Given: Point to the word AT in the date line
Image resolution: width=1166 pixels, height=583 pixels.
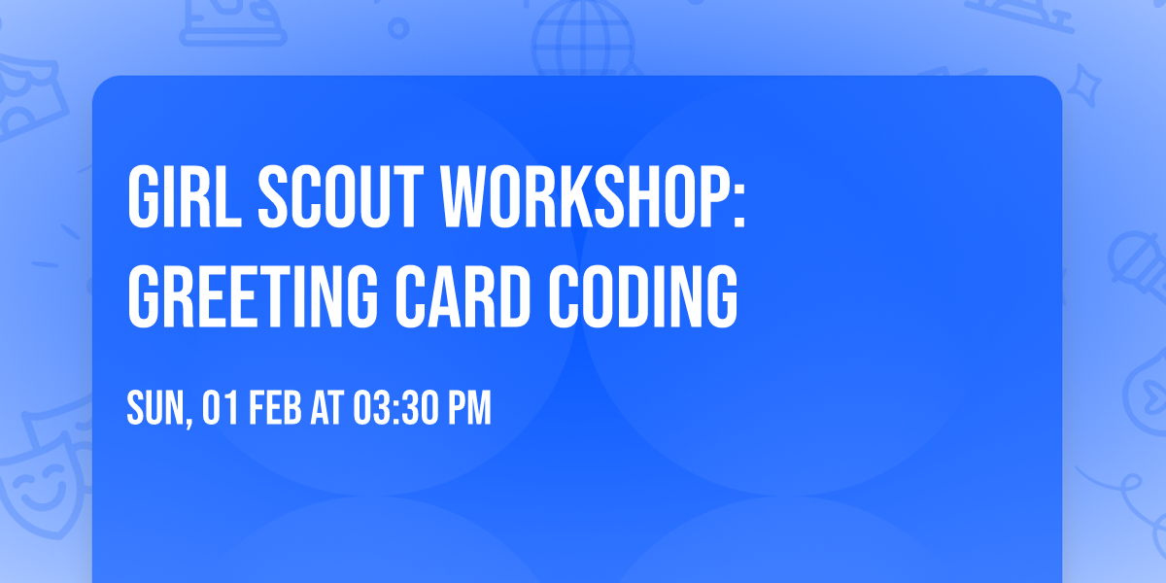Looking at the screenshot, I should coord(327,410).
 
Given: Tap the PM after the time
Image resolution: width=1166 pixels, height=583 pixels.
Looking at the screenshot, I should coord(468,410).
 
